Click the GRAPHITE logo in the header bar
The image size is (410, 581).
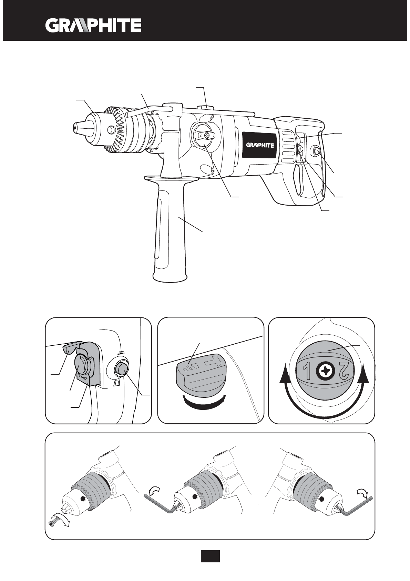click(x=93, y=26)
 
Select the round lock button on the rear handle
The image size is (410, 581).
click(x=316, y=150)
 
